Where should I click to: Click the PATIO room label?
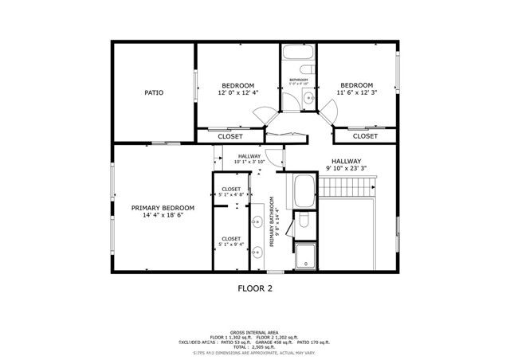154,93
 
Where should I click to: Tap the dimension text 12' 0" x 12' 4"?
237,93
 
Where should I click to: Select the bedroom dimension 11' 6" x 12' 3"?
356,93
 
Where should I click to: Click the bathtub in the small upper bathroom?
299,57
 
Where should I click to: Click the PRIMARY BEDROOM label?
163,208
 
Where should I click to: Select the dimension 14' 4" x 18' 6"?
163,216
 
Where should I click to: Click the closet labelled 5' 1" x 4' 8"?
231,192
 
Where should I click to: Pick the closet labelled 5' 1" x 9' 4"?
231,240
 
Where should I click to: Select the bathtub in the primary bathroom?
304,191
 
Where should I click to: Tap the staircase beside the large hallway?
347,189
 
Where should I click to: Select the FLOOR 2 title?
255,288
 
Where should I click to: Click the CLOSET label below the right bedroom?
364,136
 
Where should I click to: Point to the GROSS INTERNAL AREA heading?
255,332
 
